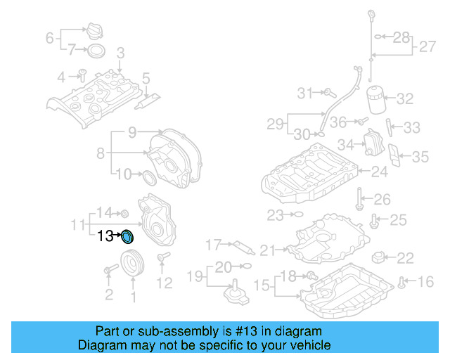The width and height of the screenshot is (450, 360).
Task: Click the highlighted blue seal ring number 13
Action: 127,236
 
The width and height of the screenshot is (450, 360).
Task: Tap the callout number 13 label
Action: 105,236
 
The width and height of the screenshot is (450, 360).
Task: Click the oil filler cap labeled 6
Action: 94,32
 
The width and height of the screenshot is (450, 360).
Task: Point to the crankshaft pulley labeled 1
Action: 131,266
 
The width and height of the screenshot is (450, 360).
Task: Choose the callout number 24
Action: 378,171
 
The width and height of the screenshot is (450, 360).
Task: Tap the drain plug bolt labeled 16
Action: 401,283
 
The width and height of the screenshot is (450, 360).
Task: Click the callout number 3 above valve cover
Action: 120,53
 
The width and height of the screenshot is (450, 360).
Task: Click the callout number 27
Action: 427,47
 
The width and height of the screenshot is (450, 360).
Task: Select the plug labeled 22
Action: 380,256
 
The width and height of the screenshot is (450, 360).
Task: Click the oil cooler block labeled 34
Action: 370,146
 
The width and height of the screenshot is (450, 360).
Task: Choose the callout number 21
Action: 268,250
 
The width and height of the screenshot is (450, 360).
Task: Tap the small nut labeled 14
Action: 124,214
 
